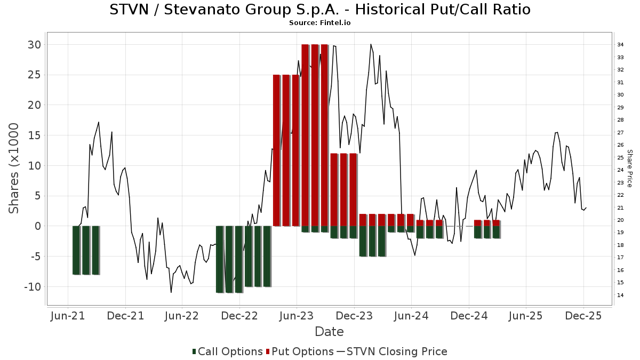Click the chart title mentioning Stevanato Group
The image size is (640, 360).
[320, 10]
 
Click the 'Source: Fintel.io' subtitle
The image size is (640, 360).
[320, 23]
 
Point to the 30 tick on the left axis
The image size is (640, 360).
[34, 44]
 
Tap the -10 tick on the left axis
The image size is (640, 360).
[31, 287]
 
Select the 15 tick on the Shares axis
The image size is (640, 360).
[34, 135]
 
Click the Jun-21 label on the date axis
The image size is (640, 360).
[68, 316]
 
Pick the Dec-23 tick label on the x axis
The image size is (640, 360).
[354, 316]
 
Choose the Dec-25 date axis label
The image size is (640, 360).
[583, 316]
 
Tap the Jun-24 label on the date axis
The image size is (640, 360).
[411, 316]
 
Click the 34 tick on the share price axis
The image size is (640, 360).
[621, 44]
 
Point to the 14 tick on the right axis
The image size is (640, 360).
[621, 295]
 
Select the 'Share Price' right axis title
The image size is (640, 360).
[629, 168]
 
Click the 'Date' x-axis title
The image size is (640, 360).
[329, 332]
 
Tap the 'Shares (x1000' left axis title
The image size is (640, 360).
[14, 168]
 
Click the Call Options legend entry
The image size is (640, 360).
[228, 351]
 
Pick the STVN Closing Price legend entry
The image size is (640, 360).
[392, 351]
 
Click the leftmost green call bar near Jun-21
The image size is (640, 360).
[76, 250]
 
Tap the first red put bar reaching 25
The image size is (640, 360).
[276, 150]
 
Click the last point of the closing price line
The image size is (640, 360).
[586, 207]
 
